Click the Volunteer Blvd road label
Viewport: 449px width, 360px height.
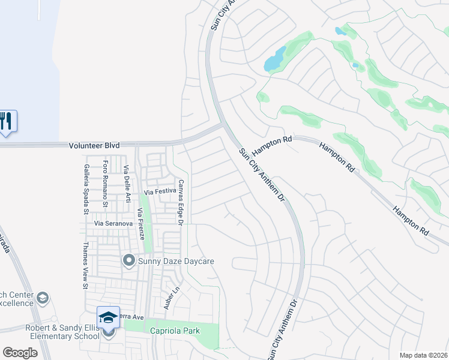(x=94, y=145)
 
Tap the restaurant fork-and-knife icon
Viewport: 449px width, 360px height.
(x=6, y=121)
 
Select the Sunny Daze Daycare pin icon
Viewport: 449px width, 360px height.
(x=128, y=261)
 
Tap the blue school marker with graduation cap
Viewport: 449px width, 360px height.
(x=109, y=317)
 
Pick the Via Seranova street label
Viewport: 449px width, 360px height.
(x=113, y=223)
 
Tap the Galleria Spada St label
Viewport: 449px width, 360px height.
(x=86, y=181)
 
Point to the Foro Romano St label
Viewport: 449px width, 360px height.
(x=105, y=176)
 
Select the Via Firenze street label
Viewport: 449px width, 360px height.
(x=141, y=224)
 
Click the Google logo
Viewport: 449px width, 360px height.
(x=20, y=353)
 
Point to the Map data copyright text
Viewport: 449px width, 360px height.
(x=423, y=355)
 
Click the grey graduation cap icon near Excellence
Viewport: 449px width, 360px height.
(x=43, y=298)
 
